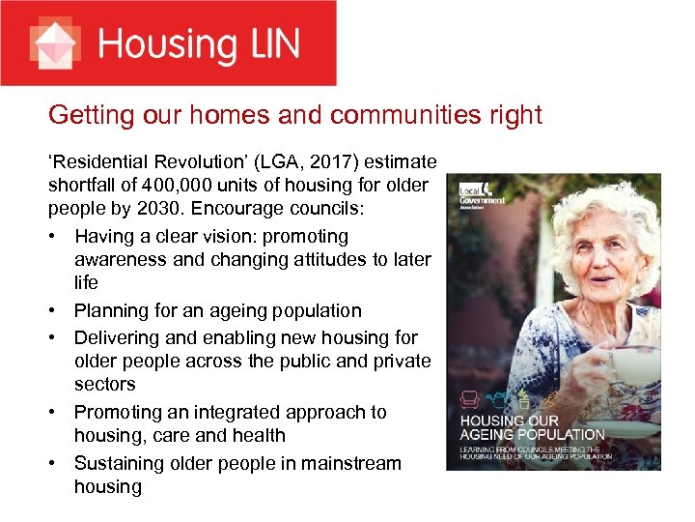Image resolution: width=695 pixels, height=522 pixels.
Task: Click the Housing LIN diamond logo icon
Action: pos(56,43)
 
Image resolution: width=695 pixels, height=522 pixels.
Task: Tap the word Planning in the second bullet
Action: pos(114,310)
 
